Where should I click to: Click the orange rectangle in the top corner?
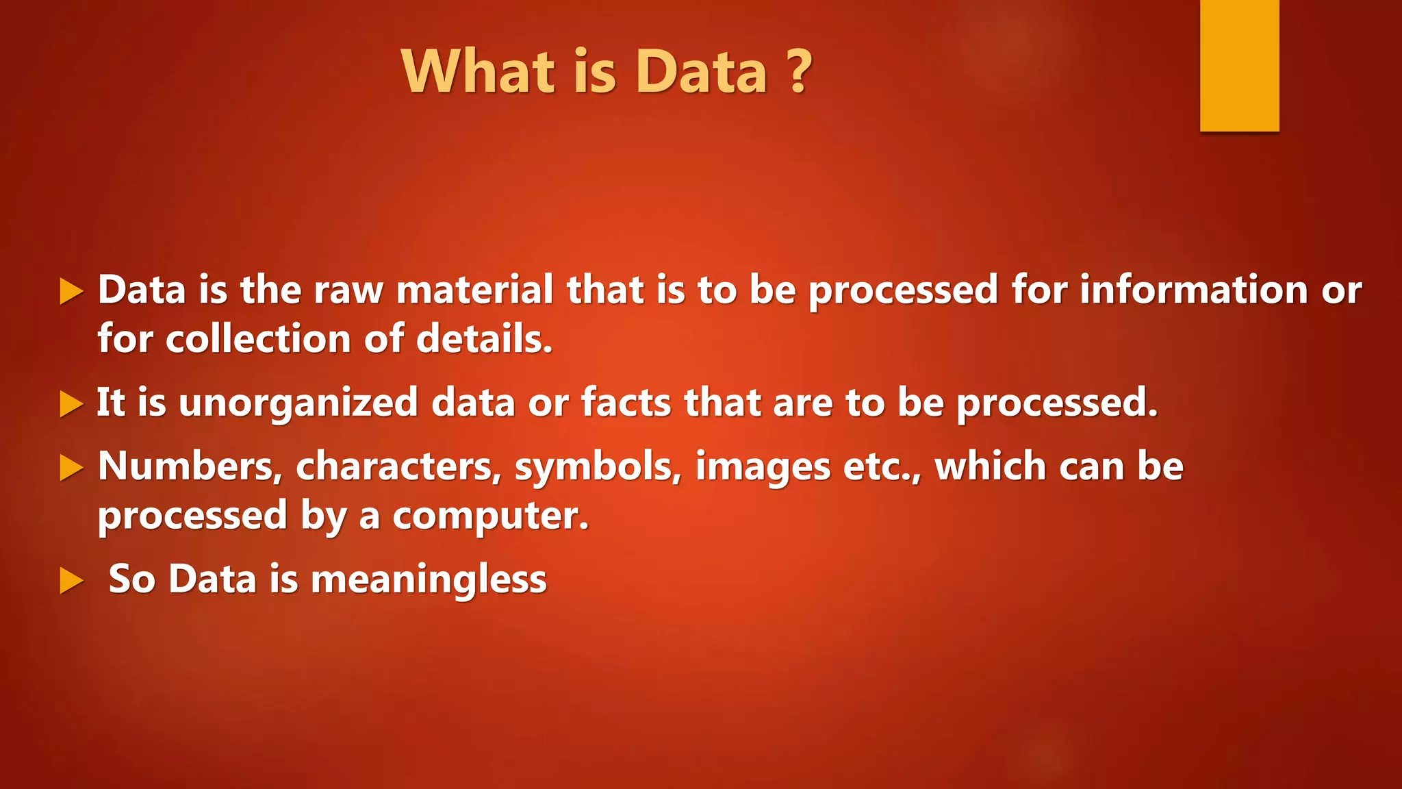click(1239, 65)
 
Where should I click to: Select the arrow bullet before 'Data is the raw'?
click(71, 292)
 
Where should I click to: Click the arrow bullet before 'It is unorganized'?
click(71, 403)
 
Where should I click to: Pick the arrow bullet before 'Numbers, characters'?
click(71, 468)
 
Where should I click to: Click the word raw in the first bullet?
click(348, 290)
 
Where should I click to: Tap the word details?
click(483, 339)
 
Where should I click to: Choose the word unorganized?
click(298, 403)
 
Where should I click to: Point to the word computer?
click(490, 516)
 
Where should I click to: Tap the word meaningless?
click(429, 579)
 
